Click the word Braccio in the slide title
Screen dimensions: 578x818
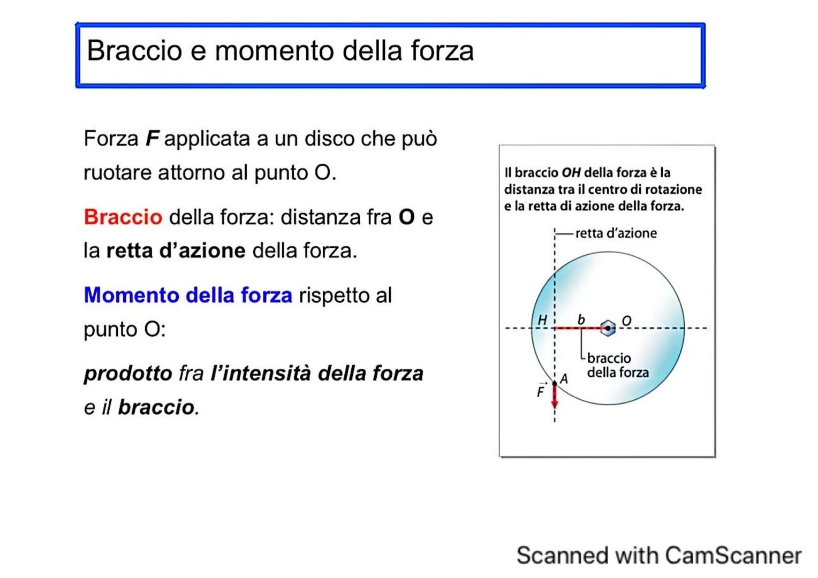pos(134,51)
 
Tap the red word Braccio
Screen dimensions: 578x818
pos(123,217)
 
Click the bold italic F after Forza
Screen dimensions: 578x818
pos(153,139)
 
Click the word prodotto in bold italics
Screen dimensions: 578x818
pos(128,374)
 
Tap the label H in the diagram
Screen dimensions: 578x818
pos(542,320)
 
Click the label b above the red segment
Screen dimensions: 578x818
pos(581,320)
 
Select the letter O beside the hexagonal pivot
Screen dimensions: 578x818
pos(626,321)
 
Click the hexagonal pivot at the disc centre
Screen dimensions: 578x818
pos(608,328)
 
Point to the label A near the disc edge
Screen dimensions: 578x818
pos(564,379)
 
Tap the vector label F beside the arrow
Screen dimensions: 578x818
pos(541,392)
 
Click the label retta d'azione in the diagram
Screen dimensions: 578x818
pos(616,233)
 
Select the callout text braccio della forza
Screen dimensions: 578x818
pos(617,366)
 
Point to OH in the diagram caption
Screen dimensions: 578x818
pos(571,173)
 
